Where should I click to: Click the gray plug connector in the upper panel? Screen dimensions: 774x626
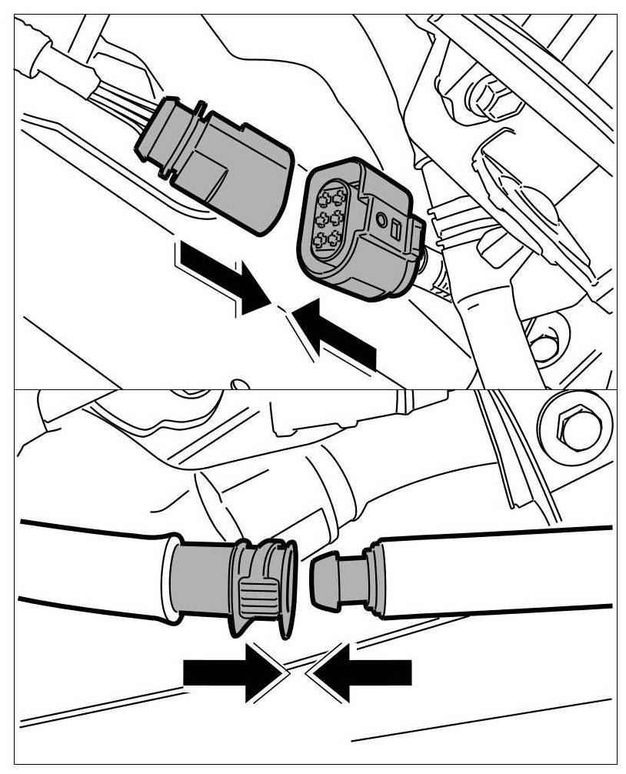point(223,163)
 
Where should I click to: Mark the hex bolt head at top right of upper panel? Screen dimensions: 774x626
point(485,97)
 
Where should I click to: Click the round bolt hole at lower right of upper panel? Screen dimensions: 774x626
point(544,347)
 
